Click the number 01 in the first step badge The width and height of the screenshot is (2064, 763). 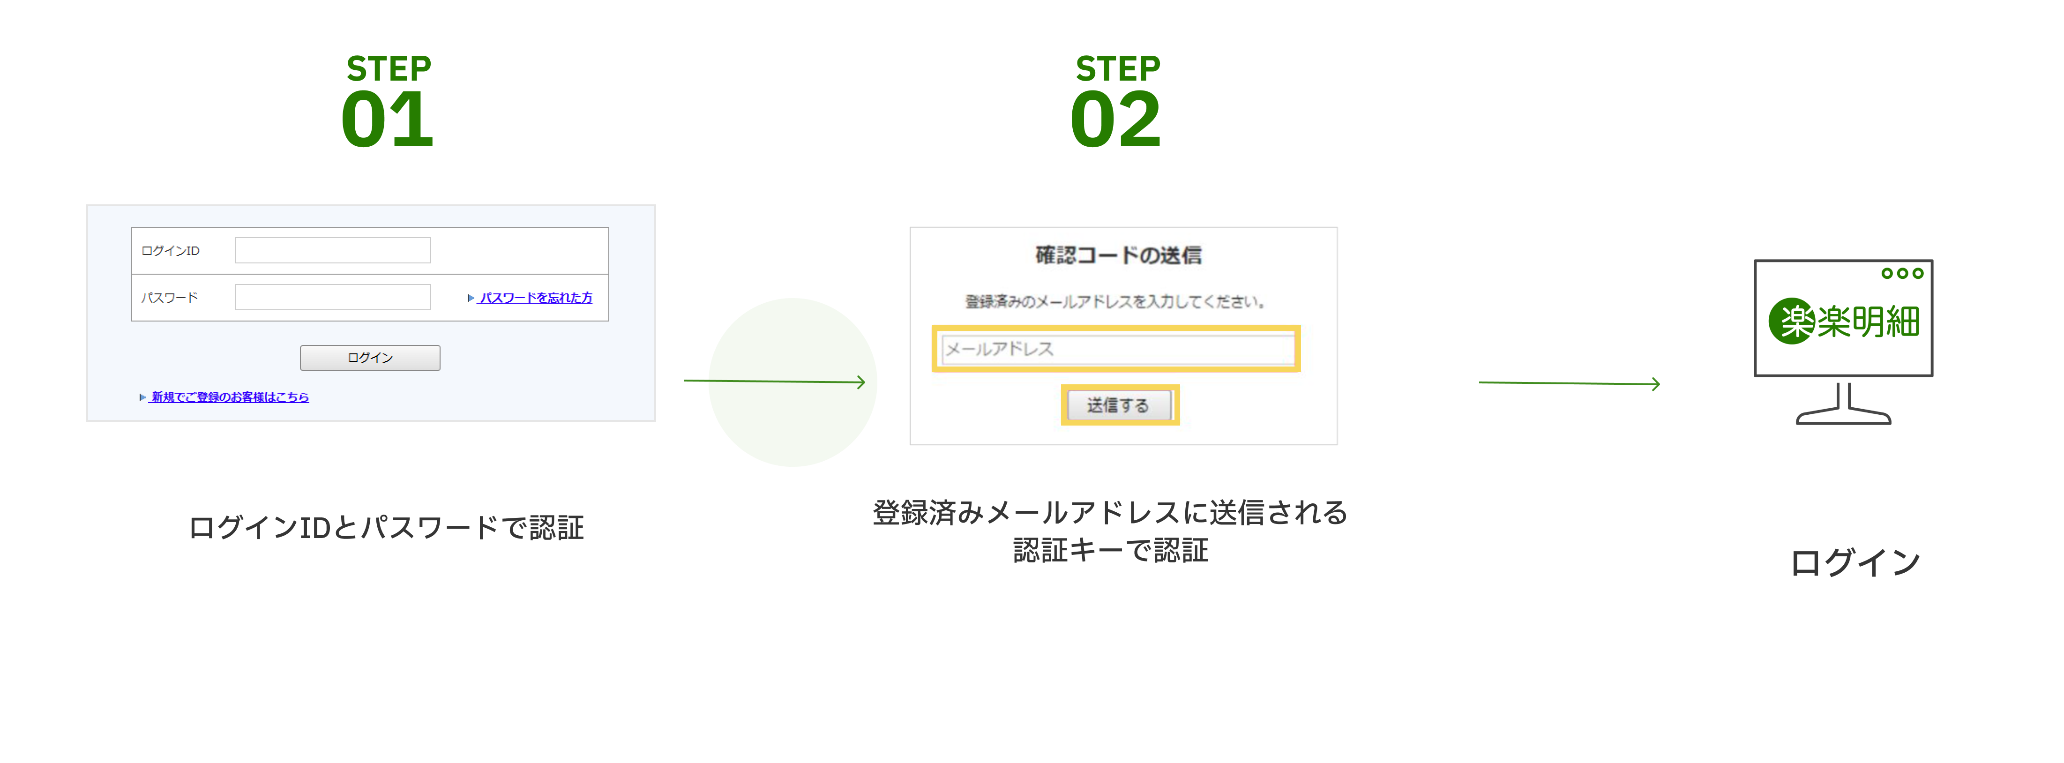387,120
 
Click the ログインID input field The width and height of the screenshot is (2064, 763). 332,250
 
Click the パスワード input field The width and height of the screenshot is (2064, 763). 332,297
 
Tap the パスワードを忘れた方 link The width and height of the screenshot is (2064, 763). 535,297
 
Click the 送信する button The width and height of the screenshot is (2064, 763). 1119,405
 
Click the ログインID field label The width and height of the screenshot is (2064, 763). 170,251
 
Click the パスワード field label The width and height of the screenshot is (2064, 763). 169,297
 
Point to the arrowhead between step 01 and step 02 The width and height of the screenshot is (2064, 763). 861,382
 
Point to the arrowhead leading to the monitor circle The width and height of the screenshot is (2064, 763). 1655,385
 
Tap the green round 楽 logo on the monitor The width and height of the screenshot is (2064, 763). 1791,322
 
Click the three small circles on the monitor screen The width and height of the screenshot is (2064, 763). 1901,273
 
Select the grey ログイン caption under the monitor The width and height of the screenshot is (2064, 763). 1855,562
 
